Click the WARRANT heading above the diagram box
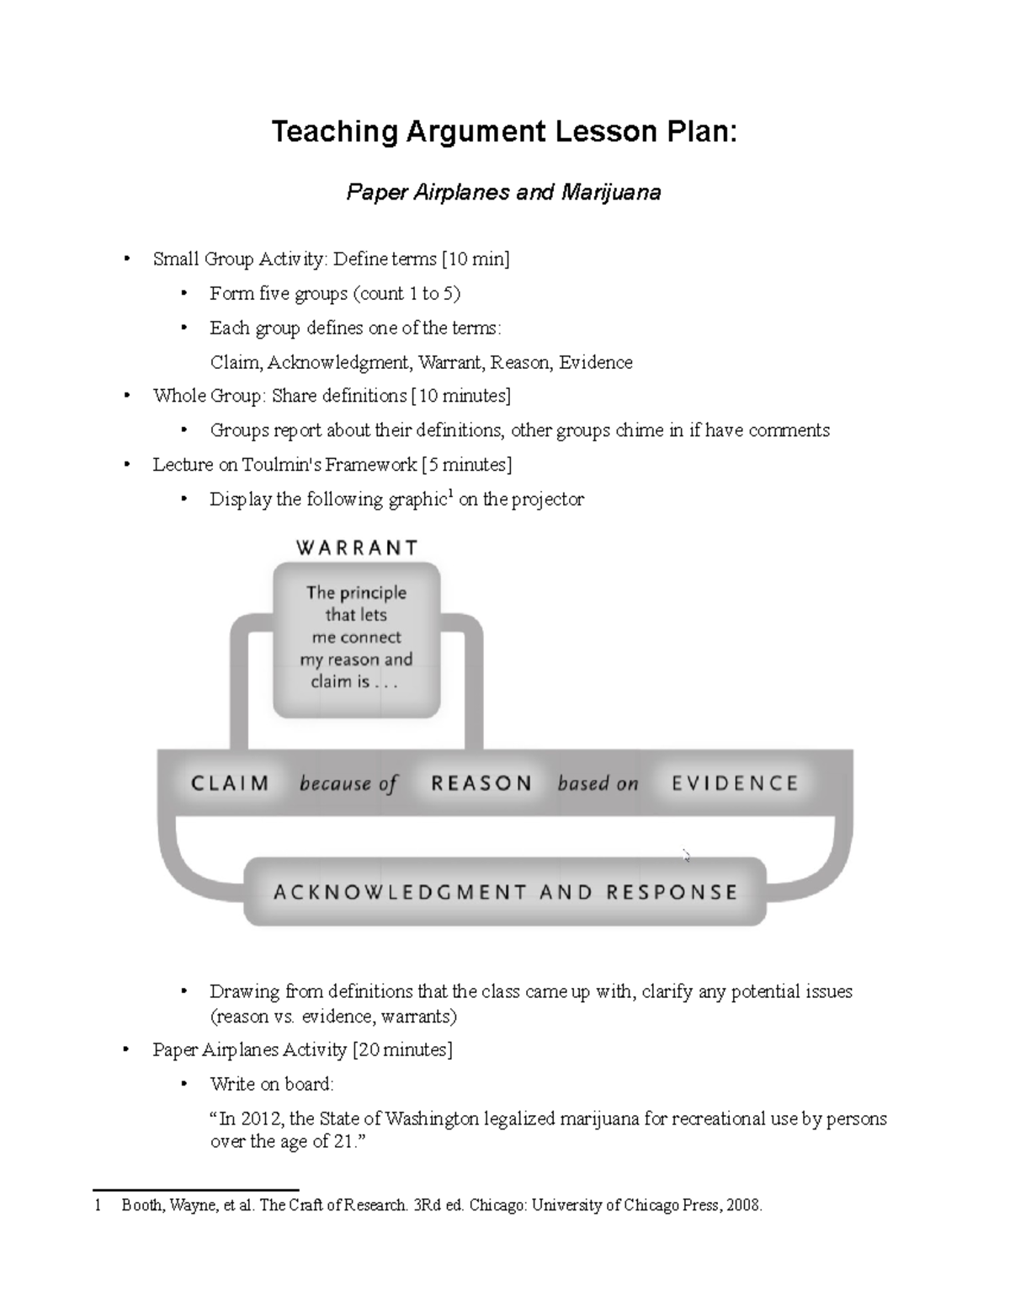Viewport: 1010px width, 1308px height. (357, 548)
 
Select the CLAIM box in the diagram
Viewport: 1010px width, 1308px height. (230, 783)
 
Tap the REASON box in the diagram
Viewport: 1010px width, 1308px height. (481, 783)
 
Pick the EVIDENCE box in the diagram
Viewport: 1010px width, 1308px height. (735, 783)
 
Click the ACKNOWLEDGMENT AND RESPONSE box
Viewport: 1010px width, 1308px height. (505, 892)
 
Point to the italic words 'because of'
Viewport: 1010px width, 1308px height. (348, 784)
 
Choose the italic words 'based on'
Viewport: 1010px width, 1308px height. (598, 784)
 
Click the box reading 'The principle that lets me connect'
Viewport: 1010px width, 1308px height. (356, 638)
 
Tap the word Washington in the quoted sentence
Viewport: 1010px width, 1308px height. (430, 1119)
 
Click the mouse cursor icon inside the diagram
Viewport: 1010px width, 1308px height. (687, 856)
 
